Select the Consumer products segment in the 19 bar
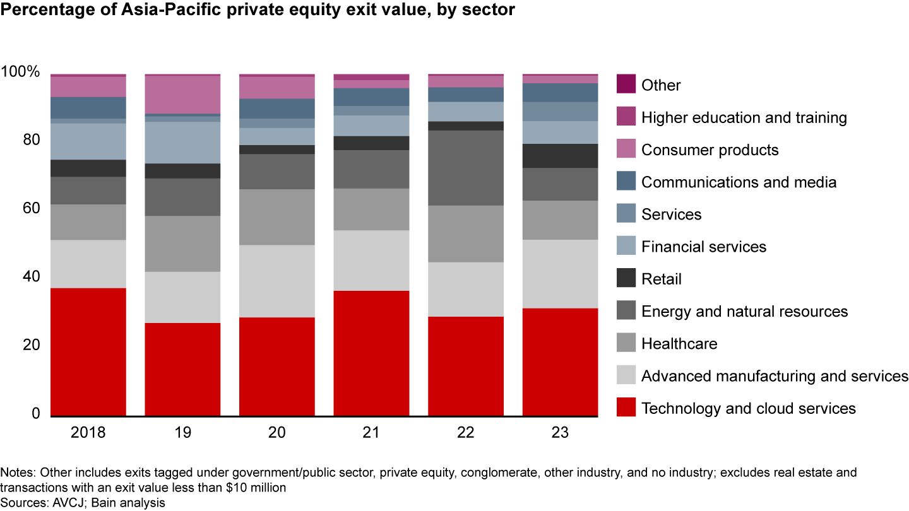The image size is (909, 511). click(x=182, y=95)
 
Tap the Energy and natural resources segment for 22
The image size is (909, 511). click(x=466, y=168)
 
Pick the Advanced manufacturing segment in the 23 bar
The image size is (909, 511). click(x=560, y=274)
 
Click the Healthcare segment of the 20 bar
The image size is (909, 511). click(x=277, y=217)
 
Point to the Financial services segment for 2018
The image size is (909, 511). click(x=88, y=141)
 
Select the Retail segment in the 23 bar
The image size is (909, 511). click(x=560, y=156)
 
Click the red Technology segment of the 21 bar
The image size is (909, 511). click(x=371, y=353)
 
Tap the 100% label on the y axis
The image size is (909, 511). click(x=21, y=72)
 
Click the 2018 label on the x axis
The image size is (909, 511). click(x=88, y=433)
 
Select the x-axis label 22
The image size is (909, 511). click(x=466, y=433)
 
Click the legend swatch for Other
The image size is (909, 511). click(x=626, y=85)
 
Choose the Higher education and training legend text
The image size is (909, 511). click(x=744, y=117)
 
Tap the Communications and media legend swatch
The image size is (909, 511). click(x=626, y=182)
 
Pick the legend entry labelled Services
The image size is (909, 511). click(x=671, y=214)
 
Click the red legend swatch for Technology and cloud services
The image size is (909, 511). click(x=626, y=408)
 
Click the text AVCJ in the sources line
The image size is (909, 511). click(x=58, y=503)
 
